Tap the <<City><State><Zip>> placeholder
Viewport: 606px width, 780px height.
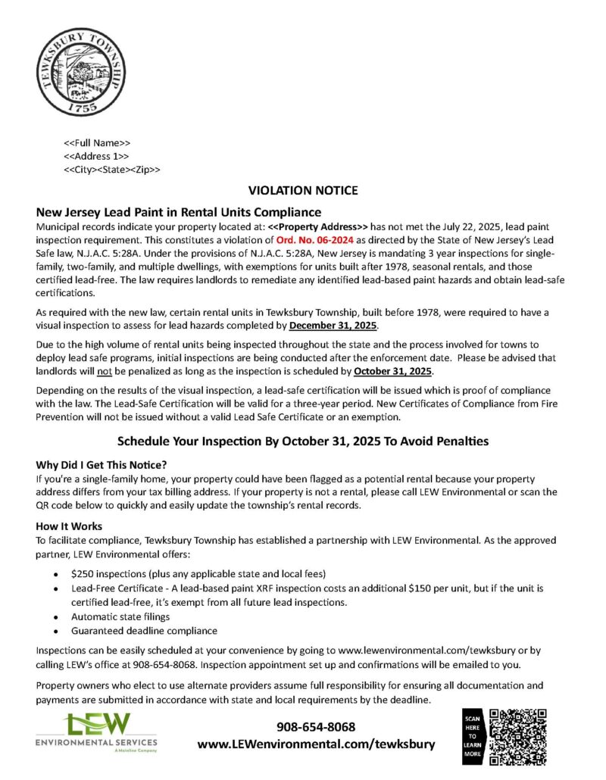(111, 170)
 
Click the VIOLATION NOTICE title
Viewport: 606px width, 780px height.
(303, 190)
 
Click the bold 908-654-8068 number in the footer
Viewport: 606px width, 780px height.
(316, 726)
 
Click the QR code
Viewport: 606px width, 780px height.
(518, 737)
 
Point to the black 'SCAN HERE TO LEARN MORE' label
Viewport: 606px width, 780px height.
(471, 737)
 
